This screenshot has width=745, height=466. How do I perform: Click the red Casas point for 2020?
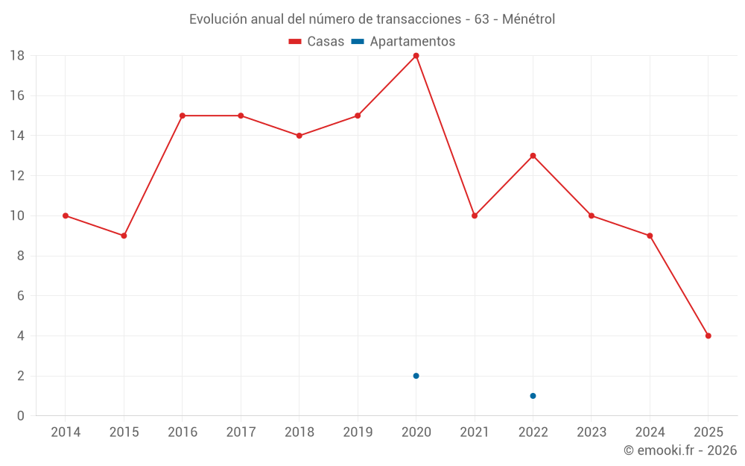(416, 56)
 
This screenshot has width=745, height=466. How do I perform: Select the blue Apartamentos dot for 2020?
(416, 376)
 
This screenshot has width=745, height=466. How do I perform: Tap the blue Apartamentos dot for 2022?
(533, 396)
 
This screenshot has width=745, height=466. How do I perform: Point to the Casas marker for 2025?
(708, 336)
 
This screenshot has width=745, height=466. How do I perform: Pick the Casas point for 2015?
(124, 236)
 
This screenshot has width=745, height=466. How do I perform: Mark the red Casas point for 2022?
(533, 156)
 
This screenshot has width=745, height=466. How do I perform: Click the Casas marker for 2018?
(299, 136)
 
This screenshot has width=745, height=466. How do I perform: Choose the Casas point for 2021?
(475, 215)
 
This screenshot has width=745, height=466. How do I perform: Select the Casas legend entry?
(317, 42)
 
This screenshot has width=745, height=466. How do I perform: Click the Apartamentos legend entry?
(403, 42)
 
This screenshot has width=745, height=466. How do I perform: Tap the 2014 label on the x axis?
(66, 432)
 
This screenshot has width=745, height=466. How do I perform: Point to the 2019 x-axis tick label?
(358, 432)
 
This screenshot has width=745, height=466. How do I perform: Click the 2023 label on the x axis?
(592, 432)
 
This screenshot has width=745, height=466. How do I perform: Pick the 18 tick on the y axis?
(17, 56)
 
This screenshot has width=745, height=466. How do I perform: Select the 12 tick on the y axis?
(17, 176)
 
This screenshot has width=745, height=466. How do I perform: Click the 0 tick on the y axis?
(21, 416)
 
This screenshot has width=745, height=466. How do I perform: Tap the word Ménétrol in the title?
(528, 19)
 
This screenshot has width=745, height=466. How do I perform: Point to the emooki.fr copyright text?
(680, 450)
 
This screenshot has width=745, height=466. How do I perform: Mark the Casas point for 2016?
(183, 116)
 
